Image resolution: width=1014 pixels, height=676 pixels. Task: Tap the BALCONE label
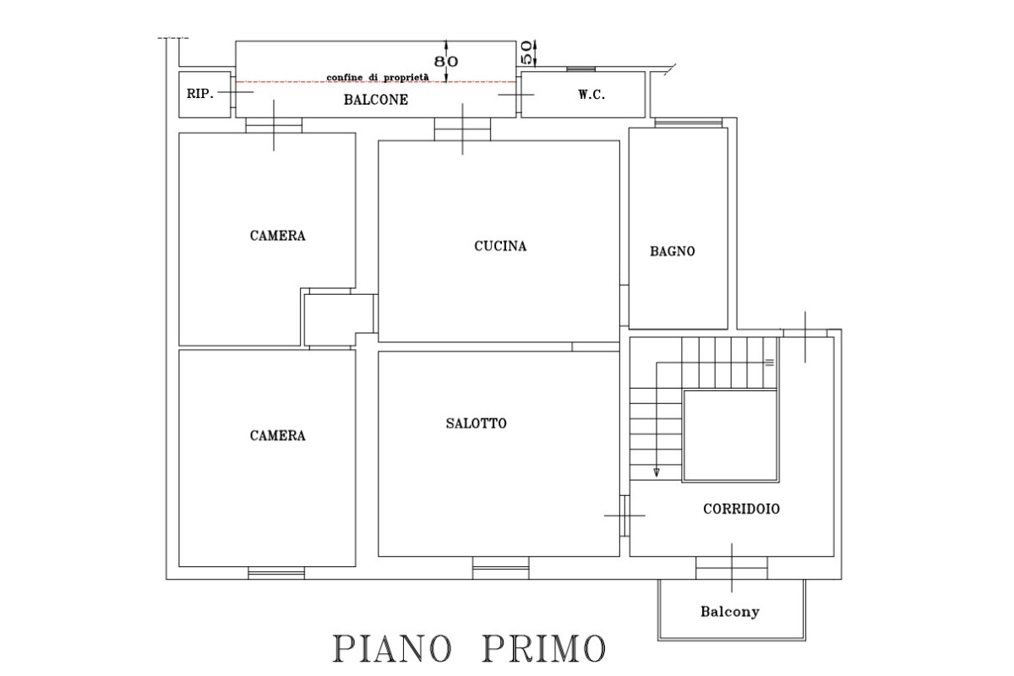click(x=376, y=100)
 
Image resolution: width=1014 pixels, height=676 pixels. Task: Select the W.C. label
click(x=591, y=95)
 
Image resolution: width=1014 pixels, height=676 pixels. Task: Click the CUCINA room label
click(x=500, y=247)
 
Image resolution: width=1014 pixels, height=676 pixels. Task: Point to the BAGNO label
click(x=673, y=251)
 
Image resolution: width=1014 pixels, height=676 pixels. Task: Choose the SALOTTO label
click(x=477, y=423)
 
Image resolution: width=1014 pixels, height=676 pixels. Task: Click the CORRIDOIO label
click(x=741, y=510)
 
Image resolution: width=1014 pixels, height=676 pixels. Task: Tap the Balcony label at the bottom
click(x=729, y=612)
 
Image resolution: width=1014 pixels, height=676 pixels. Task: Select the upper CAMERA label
click(x=277, y=236)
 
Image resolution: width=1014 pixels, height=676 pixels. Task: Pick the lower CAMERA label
click(x=277, y=436)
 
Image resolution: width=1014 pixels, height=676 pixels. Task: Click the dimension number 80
click(x=446, y=62)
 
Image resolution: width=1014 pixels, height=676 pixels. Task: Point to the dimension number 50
click(x=526, y=52)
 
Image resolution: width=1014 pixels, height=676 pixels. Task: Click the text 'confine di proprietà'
click(x=378, y=78)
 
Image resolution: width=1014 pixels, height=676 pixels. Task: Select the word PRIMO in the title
click(x=543, y=649)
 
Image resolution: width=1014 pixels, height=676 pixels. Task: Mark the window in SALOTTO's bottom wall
click(x=500, y=567)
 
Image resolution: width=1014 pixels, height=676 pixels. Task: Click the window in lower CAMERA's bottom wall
click(x=276, y=573)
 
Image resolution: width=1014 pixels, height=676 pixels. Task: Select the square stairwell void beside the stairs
click(x=730, y=435)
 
